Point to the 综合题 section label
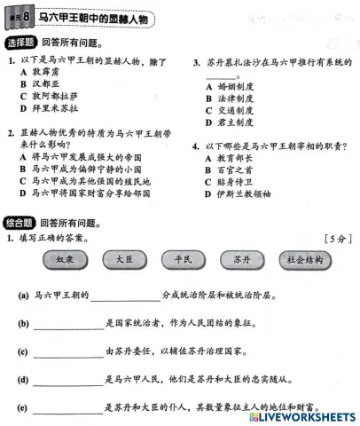21,223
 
